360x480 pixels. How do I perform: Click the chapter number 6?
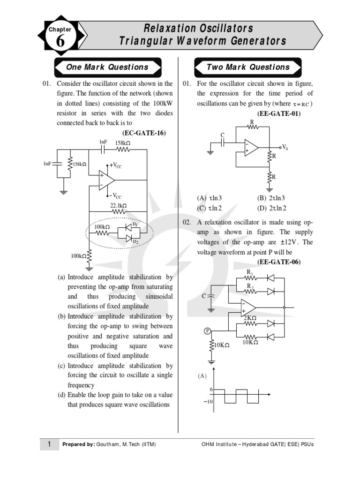(60, 42)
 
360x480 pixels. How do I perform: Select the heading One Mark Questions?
(107, 67)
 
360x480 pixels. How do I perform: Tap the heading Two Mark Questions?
(248, 67)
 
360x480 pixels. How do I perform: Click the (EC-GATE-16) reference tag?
(144, 133)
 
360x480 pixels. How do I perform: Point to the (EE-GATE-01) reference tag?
(278, 113)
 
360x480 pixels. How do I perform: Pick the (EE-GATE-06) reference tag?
(279, 262)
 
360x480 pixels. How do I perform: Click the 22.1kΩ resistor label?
(119, 205)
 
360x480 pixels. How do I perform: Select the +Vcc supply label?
(114, 165)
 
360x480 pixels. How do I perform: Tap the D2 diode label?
(135, 241)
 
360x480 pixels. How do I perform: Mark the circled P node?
(208, 331)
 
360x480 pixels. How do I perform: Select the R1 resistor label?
(250, 272)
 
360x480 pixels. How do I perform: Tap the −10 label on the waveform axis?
(208, 402)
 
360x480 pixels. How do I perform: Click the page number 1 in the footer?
(49, 444)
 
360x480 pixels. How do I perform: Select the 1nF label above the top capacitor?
(103, 142)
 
